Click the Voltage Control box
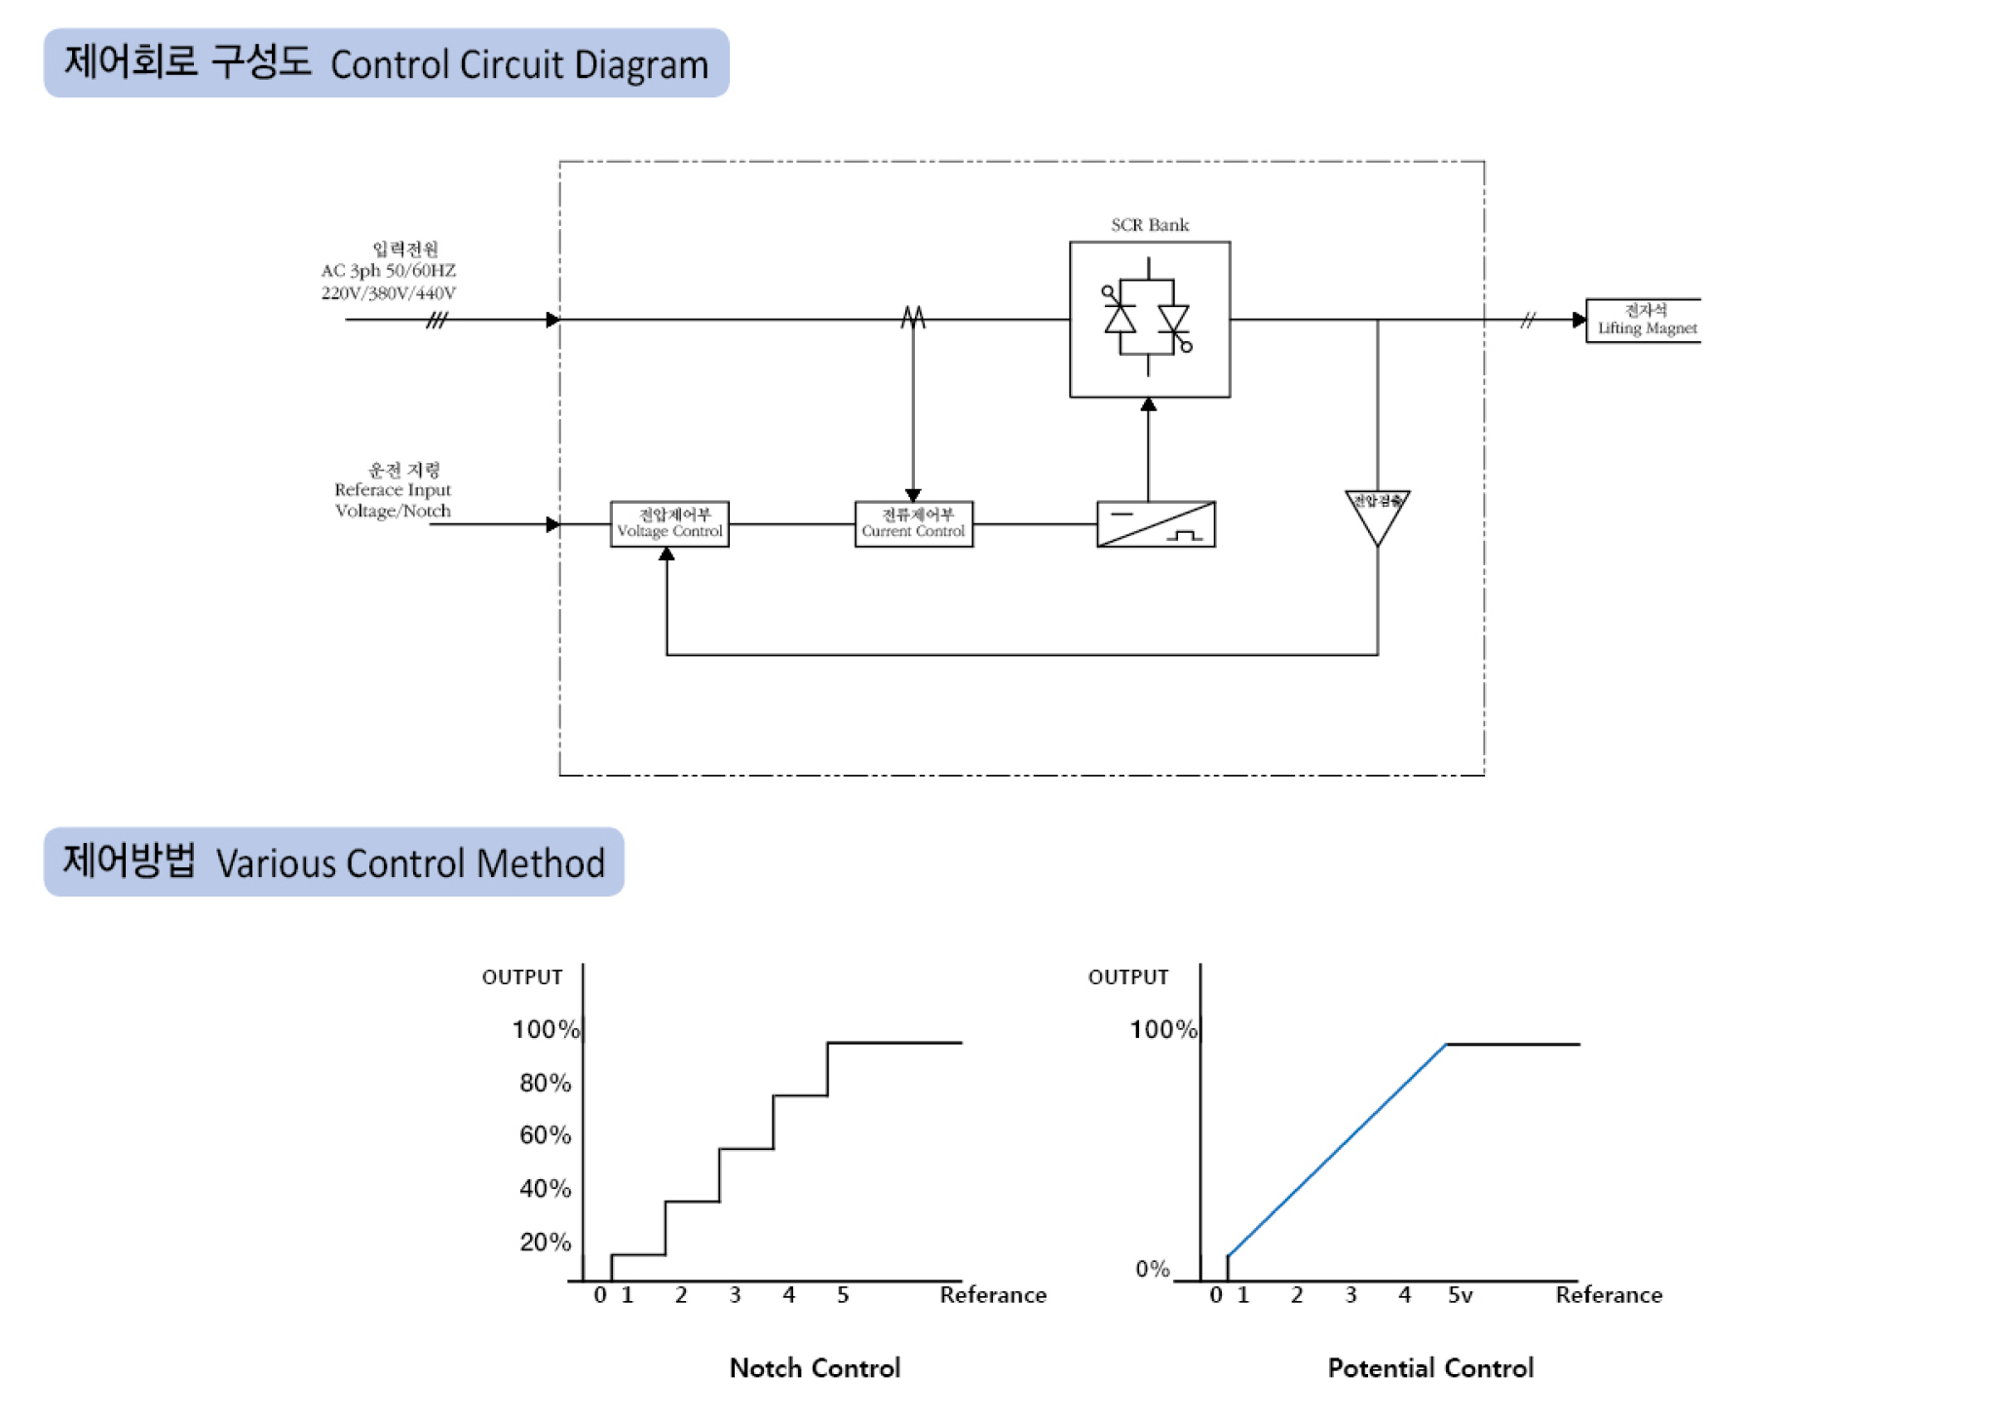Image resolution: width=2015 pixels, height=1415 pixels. click(669, 524)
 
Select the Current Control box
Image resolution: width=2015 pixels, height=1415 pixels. click(913, 524)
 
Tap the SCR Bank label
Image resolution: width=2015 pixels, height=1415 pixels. click(1150, 225)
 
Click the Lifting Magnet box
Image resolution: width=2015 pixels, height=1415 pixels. click(1646, 320)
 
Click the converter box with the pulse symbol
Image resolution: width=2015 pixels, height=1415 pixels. click(1156, 524)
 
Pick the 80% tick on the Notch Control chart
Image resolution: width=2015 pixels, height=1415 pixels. click(545, 1083)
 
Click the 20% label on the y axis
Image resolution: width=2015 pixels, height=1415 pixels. click(545, 1242)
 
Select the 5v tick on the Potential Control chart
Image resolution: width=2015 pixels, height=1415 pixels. click(1460, 1295)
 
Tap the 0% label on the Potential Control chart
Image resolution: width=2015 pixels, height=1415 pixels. click(1152, 1269)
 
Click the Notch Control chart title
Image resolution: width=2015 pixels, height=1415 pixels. click(815, 1368)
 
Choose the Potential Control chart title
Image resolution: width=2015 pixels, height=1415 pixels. click(1430, 1368)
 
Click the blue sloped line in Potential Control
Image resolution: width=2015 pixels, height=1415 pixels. click(1337, 1150)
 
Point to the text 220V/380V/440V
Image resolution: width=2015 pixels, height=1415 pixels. click(389, 292)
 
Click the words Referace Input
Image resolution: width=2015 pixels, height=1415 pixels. click(393, 490)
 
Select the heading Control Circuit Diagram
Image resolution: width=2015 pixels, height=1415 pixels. click(519, 65)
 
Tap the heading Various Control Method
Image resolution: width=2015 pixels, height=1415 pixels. click(410, 863)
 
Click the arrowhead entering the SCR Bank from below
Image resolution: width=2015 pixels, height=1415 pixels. click(1149, 404)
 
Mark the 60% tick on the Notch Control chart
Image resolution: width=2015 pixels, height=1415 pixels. click(545, 1135)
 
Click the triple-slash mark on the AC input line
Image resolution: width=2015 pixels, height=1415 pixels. click(437, 320)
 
